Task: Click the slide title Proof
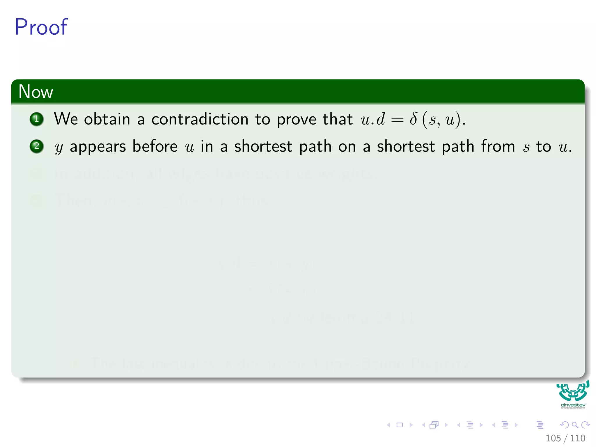point(41,27)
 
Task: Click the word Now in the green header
point(36,92)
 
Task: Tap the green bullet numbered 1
point(37,119)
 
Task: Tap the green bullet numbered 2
point(37,146)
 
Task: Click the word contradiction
point(200,119)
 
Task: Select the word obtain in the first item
point(107,119)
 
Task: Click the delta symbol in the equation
point(413,119)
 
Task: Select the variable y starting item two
point(59,148)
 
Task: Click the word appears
point(98,147)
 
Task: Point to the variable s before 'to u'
point(526,147)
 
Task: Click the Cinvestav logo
point(573,394)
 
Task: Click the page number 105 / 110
point(565,438)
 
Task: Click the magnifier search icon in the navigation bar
point(575,425)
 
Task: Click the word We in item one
point(66,119)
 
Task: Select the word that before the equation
point(338,119)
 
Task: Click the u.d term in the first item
point(372,119)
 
